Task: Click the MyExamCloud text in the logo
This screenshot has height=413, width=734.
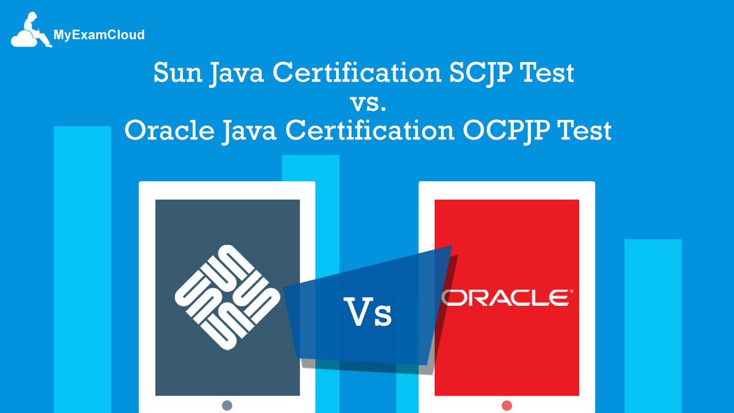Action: tap(98, 35)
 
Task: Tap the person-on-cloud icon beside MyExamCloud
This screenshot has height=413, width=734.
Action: tap(31, 31)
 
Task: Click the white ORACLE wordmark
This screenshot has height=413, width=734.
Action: tap(505, 297)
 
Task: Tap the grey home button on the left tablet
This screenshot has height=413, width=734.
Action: tap(227, 405)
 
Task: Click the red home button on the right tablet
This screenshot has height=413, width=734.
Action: tap(506, 405)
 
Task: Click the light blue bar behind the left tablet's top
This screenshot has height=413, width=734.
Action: tap(310, 168)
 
